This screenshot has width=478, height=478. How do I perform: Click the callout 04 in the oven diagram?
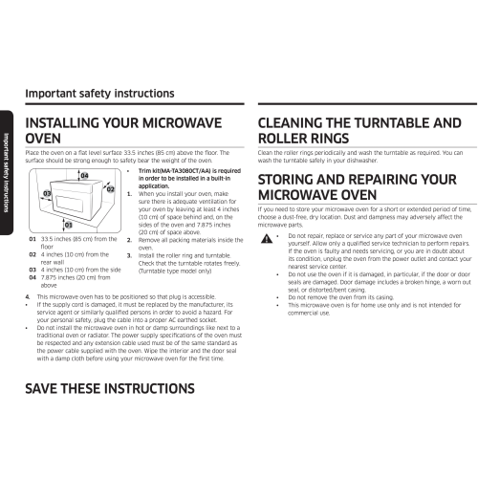pyautogui.click(x=84, y=176)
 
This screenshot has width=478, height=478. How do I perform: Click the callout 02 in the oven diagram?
pyautogui.click(x=110, y=189)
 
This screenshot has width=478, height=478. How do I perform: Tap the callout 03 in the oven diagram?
pyautogui.click(x=47, y=193)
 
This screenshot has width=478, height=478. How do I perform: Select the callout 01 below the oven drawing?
pyautogui.click(x=69, y=225)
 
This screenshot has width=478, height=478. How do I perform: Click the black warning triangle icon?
pyautogui.click(x=267, y=238)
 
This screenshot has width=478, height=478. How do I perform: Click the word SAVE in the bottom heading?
pyautogui.click(x=41, y=389)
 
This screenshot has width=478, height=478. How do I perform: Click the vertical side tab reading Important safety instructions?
pyautogui.click(x=7, y=173)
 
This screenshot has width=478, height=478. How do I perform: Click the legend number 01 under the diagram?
pyautogui.click(x=33, y=239)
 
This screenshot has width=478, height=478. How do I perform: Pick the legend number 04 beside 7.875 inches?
pyautogui.click(x=33, y=278)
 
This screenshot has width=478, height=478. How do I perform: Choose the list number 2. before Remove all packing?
pyautogui.click(x=129, y=240)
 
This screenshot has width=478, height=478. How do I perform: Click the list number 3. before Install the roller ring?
pyautogui.click(x=129, y=256)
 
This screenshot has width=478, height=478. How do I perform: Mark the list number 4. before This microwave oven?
pyautogui.click(x=28, y=297)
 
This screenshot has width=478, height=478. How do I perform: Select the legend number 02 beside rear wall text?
pyautogui.click(x=33, y=255)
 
